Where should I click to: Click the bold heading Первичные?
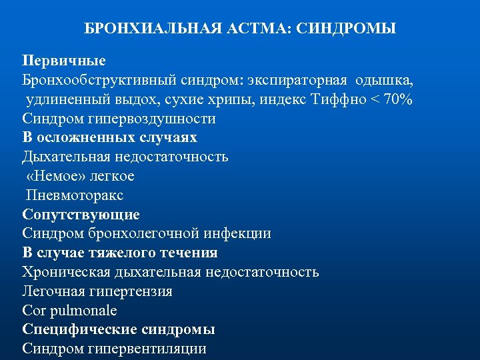click(x=64, y=61)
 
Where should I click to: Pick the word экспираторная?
click(x=297, y=80)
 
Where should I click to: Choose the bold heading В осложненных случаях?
click(x=109, y=137)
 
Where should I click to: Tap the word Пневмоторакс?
click(x=75, y=195)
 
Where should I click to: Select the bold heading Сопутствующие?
click(x=81, y=215)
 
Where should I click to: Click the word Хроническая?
click(x=61, y=272)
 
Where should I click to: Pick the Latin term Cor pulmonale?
click(x=69, y=310)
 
